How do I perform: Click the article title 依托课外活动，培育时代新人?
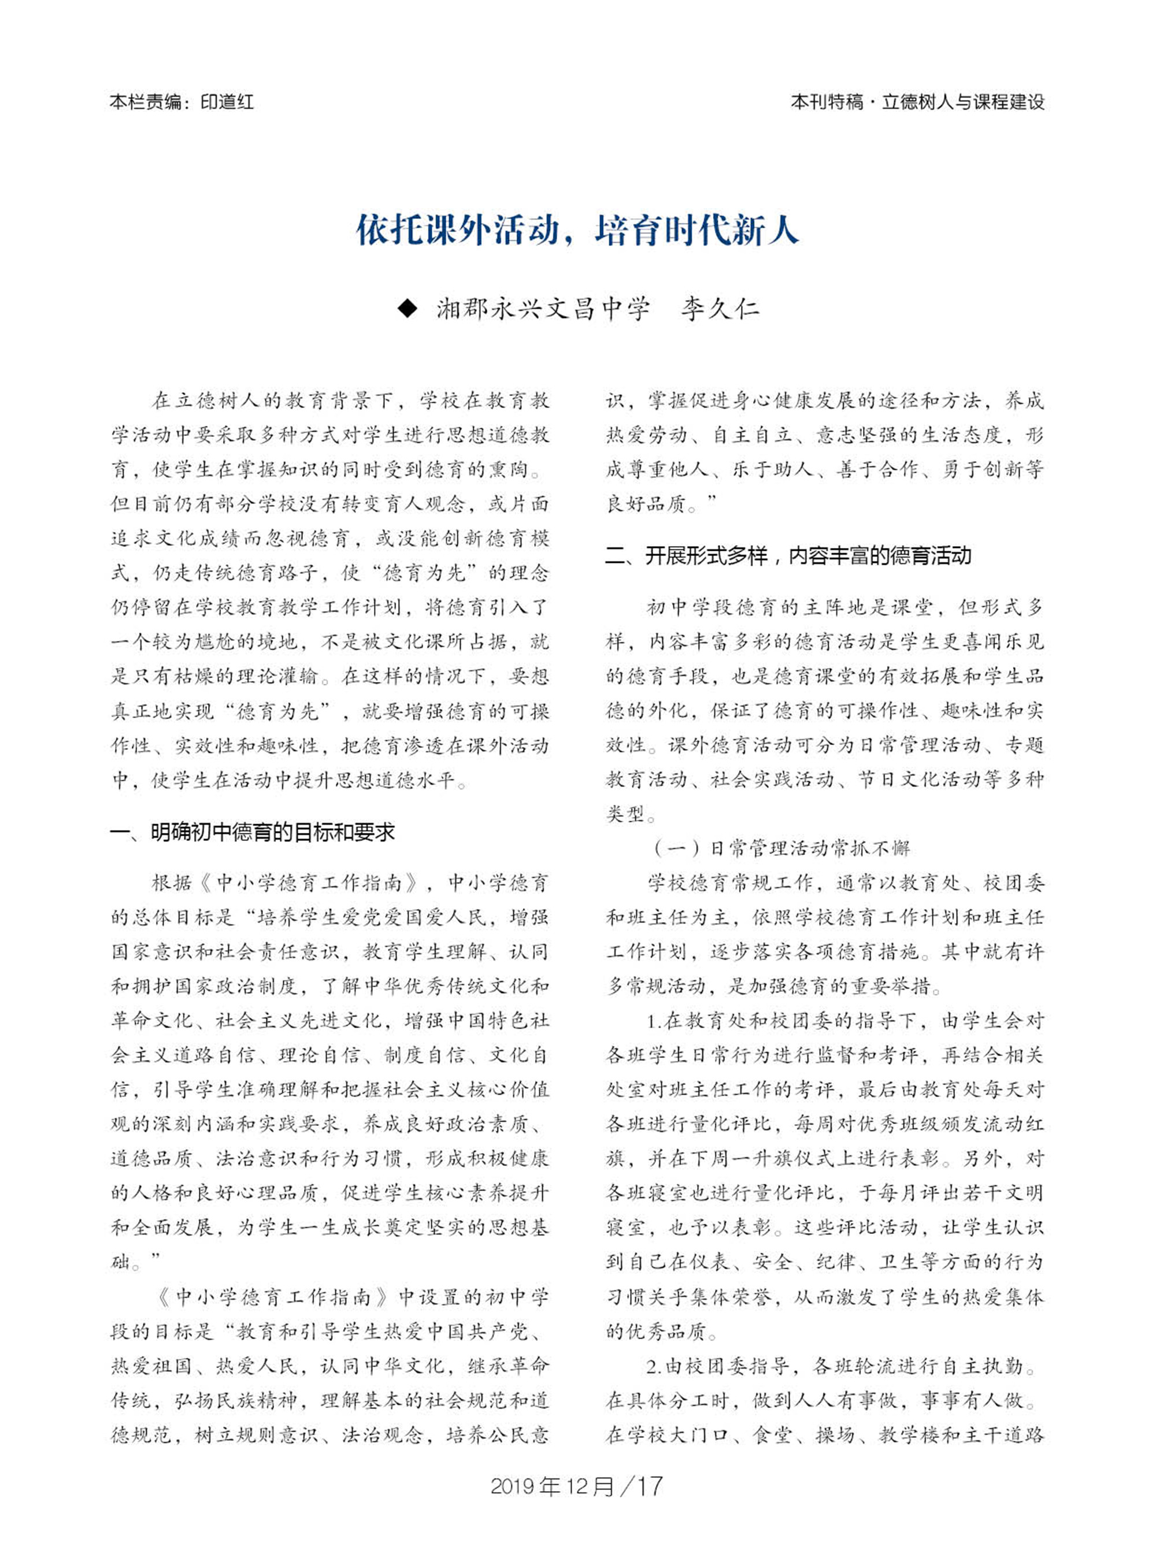(577, 229)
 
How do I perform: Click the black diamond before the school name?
(406, 309)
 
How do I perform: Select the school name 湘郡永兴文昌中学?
(543, 309)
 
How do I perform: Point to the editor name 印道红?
(227, 102)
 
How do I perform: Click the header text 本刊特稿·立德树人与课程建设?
(917, 102)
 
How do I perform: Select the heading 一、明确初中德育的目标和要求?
(253, 832)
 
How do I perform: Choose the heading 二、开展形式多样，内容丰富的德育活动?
(788, 555)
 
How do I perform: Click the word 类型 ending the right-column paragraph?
(625, 814)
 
